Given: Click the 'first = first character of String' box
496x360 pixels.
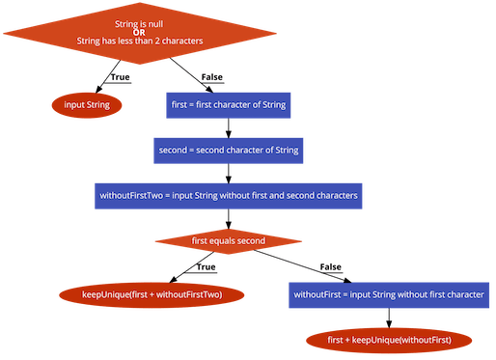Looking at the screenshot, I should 229,104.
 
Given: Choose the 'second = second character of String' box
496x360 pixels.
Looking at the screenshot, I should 229,150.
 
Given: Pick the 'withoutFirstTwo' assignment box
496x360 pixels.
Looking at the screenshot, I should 229,196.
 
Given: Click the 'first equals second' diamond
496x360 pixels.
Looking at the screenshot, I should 228,240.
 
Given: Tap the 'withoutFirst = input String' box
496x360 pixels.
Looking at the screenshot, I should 389,292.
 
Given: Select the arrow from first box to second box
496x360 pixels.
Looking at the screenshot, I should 229,126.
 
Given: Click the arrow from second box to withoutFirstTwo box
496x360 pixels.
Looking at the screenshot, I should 229,173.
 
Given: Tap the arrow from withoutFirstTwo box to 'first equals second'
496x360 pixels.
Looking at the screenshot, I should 229,219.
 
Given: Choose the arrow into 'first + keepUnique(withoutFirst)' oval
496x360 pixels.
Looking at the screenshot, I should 389,318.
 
